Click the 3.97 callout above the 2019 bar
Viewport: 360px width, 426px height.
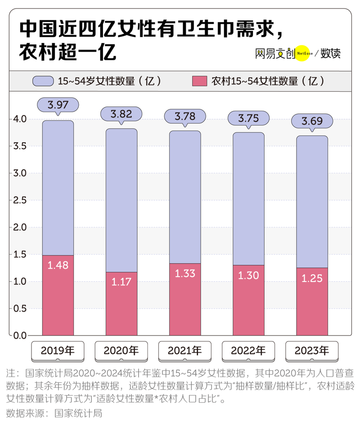[x=58, y=105]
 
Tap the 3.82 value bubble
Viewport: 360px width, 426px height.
[x=121, y=114]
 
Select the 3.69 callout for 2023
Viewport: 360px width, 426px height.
[x=312, y=121]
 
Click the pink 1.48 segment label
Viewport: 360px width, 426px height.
[x=58, y=265]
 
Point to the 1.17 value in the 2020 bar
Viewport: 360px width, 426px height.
[x=121, y=282]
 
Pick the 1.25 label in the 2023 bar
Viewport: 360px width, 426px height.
[x=312, y=278]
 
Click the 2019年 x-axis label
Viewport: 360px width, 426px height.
[x=58, y=350]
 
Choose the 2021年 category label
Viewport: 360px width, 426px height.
[x=185, y=350]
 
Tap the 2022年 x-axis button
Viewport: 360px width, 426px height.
[x=249, y=350]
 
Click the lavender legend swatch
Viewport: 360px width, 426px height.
[x=43, y=81]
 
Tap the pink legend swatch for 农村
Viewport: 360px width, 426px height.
[x=198, y=81]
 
